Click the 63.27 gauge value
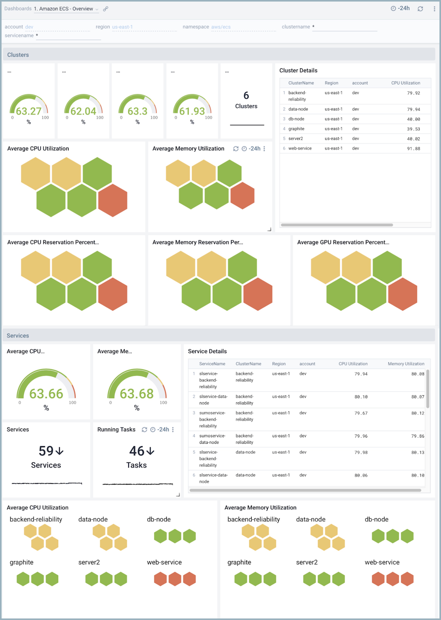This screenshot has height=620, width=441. [x=29, y=111]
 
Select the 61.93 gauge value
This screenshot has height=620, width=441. [x=192, y=111]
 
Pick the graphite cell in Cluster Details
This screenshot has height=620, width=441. [x=296, y=129]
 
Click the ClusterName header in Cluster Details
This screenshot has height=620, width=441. [x=301, y=83]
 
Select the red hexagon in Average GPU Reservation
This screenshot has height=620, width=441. [x=402, y=294]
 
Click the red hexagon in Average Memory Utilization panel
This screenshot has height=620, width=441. [x=242, y=195]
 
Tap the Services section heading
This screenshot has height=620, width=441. [x=18, y=336]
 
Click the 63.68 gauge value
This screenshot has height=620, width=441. [x=137, y=394]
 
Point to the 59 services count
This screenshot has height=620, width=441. [x=46, y=451]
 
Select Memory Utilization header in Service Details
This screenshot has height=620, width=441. [x=406, y=364]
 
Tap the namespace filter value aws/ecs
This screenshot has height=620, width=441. [x=221, y=27]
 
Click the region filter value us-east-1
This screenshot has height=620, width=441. [x=122, y=27]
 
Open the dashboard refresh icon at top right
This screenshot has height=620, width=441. [x=420, y=9]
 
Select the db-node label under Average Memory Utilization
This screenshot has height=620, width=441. [x=376, y=519]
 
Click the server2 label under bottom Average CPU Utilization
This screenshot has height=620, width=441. [x=89, y=562]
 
